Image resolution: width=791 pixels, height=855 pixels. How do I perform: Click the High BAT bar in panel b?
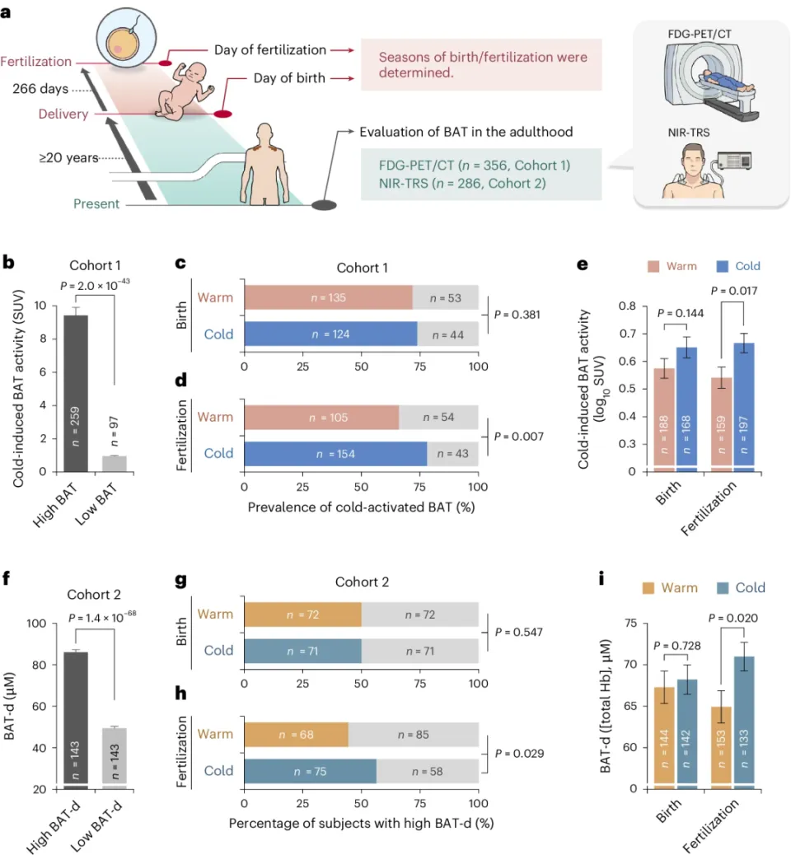[76, 393]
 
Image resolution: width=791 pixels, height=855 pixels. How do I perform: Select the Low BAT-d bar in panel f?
[115, 759]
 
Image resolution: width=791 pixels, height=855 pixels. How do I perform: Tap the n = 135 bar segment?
[329, 297]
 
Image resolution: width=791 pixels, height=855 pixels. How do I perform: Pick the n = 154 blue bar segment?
[335, 454]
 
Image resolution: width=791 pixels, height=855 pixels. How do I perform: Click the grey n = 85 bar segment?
[414, 735]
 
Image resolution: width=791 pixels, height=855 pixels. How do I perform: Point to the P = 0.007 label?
[519, 437]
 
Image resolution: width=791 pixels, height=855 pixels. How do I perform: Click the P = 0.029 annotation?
[519, 753]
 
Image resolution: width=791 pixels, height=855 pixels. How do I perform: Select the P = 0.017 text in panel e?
[733, 291]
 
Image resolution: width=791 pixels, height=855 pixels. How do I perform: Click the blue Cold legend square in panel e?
[723, 266]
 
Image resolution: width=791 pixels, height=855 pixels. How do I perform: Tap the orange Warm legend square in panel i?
[648, 588]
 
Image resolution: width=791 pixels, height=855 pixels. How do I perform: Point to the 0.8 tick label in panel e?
[627, 306]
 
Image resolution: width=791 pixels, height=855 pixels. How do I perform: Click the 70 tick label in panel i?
[630, 665]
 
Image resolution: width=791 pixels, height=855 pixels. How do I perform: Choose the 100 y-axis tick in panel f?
[36, 624]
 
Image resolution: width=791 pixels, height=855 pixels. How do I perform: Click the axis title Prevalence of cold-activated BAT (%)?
[361, 507]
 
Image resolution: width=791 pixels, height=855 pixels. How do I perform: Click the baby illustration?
[184, 91]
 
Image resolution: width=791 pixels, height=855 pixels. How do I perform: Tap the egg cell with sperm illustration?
[126, 38]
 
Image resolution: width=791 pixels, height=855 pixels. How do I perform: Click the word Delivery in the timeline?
[63, 114]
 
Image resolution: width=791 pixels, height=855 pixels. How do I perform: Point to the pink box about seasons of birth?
[481, 64]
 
